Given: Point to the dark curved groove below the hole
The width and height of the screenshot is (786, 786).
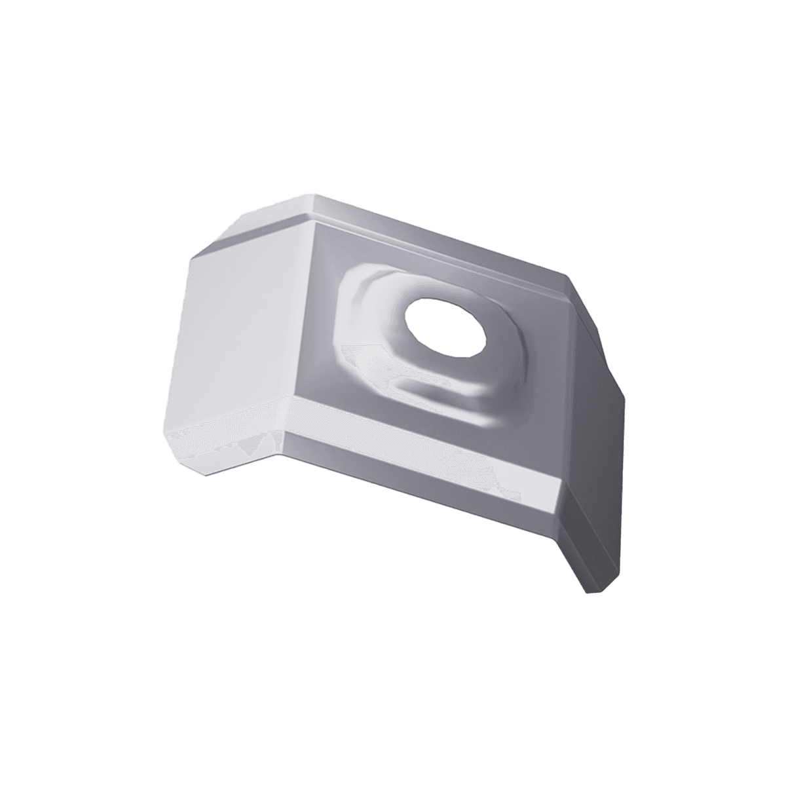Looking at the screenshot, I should pyautogui.click(x=452, y=393).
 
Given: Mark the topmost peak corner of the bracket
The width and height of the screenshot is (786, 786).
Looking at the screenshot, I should pyautogui.click(x=316, y=194).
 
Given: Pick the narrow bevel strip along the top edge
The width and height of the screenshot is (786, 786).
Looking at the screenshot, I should pyautogui.click(x=445, y=236).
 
